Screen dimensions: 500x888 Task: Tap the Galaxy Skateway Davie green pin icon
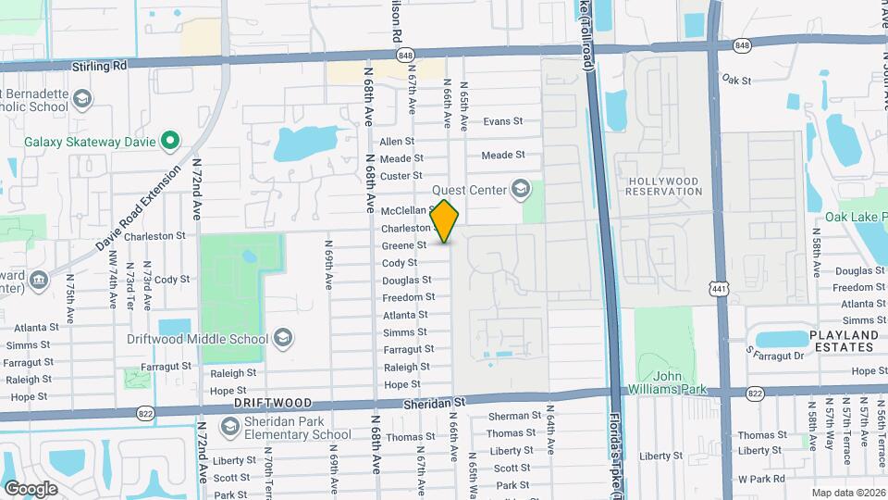(x=169, y=141)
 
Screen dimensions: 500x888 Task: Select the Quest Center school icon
(x=520, y=190)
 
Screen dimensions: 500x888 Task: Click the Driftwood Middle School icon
(x=283, y=337)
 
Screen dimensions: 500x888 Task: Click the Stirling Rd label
(x=99, y=67)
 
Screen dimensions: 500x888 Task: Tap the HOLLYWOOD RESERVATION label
(x=664, y=185)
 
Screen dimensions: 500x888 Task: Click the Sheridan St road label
(x=433, y=403)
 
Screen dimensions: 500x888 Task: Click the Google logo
(x=31, y=488)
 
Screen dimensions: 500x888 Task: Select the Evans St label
(x=503, y=121)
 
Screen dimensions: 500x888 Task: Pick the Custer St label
(x=401, y=176)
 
